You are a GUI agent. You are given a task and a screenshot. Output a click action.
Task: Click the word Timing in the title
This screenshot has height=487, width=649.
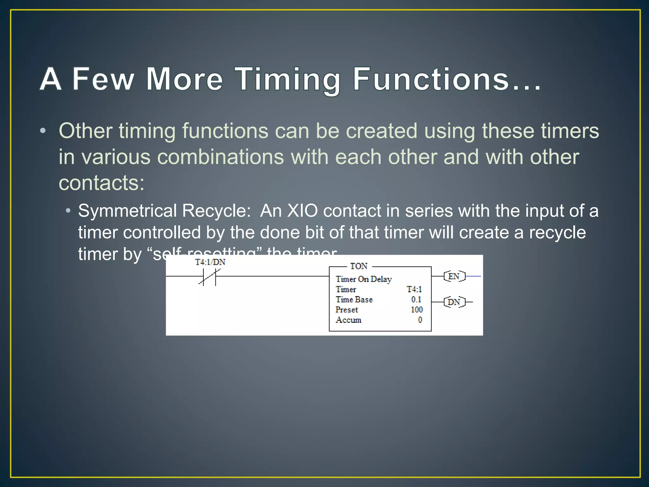tap(288, 79)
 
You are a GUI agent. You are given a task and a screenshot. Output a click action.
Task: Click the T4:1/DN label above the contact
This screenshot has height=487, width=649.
tap(210, 262)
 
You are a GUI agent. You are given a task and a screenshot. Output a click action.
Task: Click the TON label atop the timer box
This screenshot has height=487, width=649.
tap(359, 266)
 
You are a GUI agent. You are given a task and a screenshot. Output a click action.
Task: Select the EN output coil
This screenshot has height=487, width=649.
tap(454, 276)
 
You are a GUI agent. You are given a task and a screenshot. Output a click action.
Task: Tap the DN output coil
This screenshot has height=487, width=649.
tap(454, 302)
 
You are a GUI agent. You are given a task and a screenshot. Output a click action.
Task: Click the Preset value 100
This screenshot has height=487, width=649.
tap(417, 309)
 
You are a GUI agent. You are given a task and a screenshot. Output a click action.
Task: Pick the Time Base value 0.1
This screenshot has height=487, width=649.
tap(416, 299)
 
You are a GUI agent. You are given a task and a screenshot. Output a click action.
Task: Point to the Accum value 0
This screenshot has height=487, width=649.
tap(420, 320)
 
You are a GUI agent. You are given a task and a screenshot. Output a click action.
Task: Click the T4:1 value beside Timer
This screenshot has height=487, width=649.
tap(414, 289)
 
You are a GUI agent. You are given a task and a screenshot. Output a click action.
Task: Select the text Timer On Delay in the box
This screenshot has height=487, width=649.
tap(363, 279)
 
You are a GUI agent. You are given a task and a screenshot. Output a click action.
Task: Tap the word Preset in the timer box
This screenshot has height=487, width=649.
tap(347, 309)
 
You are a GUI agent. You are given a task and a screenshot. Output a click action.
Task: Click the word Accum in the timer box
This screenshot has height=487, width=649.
tap(348, 320)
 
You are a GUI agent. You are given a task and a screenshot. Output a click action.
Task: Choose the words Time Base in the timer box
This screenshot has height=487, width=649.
tap(354, 299)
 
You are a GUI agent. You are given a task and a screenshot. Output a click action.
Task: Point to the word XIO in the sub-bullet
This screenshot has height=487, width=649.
tap(302, 211)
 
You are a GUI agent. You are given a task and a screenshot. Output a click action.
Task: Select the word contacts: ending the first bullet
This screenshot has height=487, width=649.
tap(101, 183)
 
